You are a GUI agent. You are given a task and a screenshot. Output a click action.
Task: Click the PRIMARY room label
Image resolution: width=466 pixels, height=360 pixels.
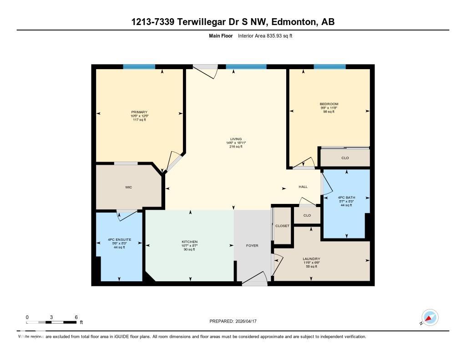pyautogui.click(x=139, y=112)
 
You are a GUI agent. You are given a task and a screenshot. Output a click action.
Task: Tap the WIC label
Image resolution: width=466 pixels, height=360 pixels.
pyautogui.click(x=129, y=188)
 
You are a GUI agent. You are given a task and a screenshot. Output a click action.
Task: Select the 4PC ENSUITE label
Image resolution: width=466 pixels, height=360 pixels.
pyautogui.click(x=119, y=239)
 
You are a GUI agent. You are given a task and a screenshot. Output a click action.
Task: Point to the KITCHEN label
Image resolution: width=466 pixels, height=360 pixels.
pyautogui.click(x=189, y=242)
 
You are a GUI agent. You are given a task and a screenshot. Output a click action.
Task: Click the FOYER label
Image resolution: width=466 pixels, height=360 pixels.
pyautogui.click(x=252, y=246)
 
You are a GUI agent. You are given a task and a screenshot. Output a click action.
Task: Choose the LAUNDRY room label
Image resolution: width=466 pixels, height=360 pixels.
pyautogui.click(x=312, y=259)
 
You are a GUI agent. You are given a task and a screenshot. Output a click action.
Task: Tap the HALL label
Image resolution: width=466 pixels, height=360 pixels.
pyautogui.click(x=303, y=187)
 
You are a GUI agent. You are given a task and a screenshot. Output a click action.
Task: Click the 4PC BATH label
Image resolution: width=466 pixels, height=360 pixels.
pyautogui.click(x=347, y=198)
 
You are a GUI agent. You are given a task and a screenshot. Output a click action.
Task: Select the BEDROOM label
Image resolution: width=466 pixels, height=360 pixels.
pyautogui.click(x=329, y=104)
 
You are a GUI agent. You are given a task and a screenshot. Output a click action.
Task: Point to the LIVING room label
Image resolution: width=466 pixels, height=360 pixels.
pyautogui.click(x=236, y=139)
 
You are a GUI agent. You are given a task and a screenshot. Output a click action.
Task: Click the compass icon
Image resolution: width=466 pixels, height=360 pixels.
pyautogui.click(x=430, y=317)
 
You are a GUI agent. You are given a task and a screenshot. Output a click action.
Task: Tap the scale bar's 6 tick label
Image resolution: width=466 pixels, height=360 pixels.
pyautogui.click(x=76, y=317)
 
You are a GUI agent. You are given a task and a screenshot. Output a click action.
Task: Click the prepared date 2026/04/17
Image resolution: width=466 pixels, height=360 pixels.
pyautogui.click(x=248, y=321)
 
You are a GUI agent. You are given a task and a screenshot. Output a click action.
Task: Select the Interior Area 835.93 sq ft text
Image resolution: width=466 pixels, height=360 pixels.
pyautogui.click(x=265, y=35)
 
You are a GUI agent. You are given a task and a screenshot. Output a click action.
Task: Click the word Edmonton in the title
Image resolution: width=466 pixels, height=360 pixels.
pyautogui.click(x=288, y=22)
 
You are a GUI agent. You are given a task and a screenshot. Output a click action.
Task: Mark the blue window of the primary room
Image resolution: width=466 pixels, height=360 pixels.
pyautogui.click(x=139, y=67)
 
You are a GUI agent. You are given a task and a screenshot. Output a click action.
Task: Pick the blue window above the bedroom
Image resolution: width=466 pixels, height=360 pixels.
pyautogui.click(x=329, y=67)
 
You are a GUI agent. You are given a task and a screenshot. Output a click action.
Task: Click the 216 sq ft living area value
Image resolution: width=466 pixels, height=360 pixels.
pyautogui.click(x=236, y=147)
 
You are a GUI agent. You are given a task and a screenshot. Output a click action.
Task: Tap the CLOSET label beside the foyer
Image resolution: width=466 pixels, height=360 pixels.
pyautogui.click(x=282, y=226)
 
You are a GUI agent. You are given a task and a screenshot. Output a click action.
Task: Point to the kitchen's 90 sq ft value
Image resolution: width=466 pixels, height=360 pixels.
pyautogui.click(x=189, y=249)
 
